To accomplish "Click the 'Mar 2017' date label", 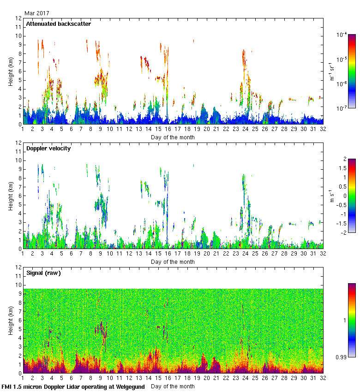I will coord(36,13).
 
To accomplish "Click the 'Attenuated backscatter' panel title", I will coord(58,24).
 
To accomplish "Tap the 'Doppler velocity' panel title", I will coord(49,148).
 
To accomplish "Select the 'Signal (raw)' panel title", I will coord(44,273).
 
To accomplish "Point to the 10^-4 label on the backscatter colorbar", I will coord(342,35).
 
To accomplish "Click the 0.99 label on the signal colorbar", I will coord(342,357).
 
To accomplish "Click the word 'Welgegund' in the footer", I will coord(129,386).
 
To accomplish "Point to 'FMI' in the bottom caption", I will coord(7,386).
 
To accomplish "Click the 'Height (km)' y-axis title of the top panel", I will coord(11,71).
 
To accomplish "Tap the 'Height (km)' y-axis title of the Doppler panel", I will coord(11,196).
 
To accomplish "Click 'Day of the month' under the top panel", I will coord(173,137).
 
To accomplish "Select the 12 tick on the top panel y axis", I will coord(18,18).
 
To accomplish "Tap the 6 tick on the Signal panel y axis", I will coord(19,321).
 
